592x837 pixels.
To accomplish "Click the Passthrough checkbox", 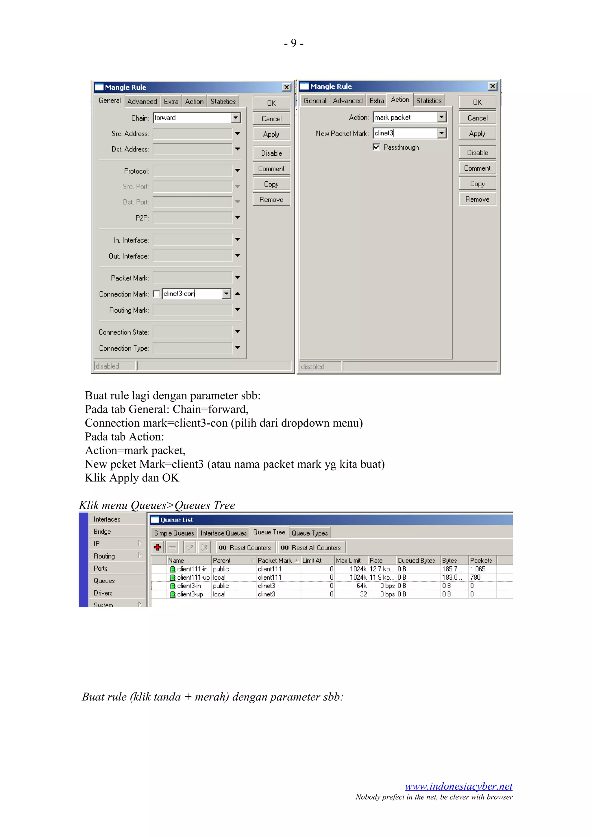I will (376, 147).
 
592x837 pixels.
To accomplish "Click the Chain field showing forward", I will (192, 118).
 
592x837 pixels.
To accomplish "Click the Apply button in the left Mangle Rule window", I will (271, 134).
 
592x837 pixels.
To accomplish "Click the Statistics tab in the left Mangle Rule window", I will (223, 102).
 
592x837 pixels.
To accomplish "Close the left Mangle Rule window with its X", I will (287, 87).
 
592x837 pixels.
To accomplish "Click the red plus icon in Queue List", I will (158, 547).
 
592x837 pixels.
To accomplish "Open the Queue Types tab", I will (309, 533).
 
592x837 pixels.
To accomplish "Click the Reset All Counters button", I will (312, 548).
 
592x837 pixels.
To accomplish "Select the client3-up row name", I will (190, 594).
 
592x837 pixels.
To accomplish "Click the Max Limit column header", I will (348, 561).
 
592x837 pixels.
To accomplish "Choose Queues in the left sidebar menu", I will (104, 581).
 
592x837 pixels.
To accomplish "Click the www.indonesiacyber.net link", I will (458, 786).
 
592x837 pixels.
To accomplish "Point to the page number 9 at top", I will (294, 43).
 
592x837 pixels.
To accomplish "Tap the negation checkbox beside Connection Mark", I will (156, 294).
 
